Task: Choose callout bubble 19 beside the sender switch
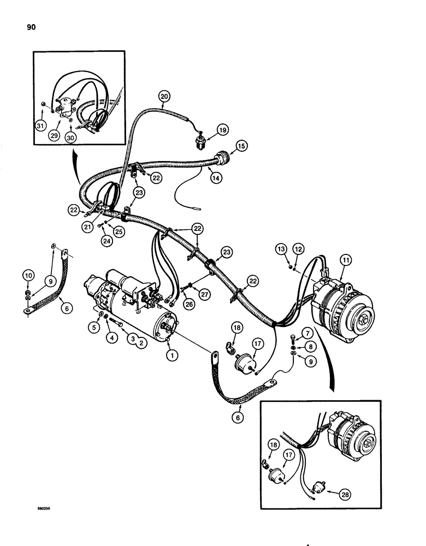pyautogui.click(x=222, y=129)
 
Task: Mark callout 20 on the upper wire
pyautogui.click(x=165, y=97)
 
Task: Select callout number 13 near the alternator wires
pyautogui.click(x=281, y=249)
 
